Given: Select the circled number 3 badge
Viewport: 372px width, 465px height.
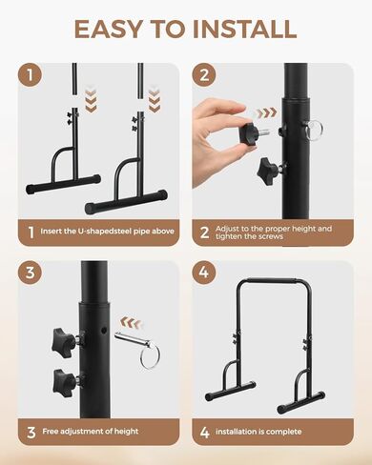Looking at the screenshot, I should click(x=34, y=273).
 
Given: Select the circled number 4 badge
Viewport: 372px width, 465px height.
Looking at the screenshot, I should click(x=207, y=273).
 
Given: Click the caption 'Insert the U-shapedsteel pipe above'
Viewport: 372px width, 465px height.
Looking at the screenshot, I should click(x=102, y=232).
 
